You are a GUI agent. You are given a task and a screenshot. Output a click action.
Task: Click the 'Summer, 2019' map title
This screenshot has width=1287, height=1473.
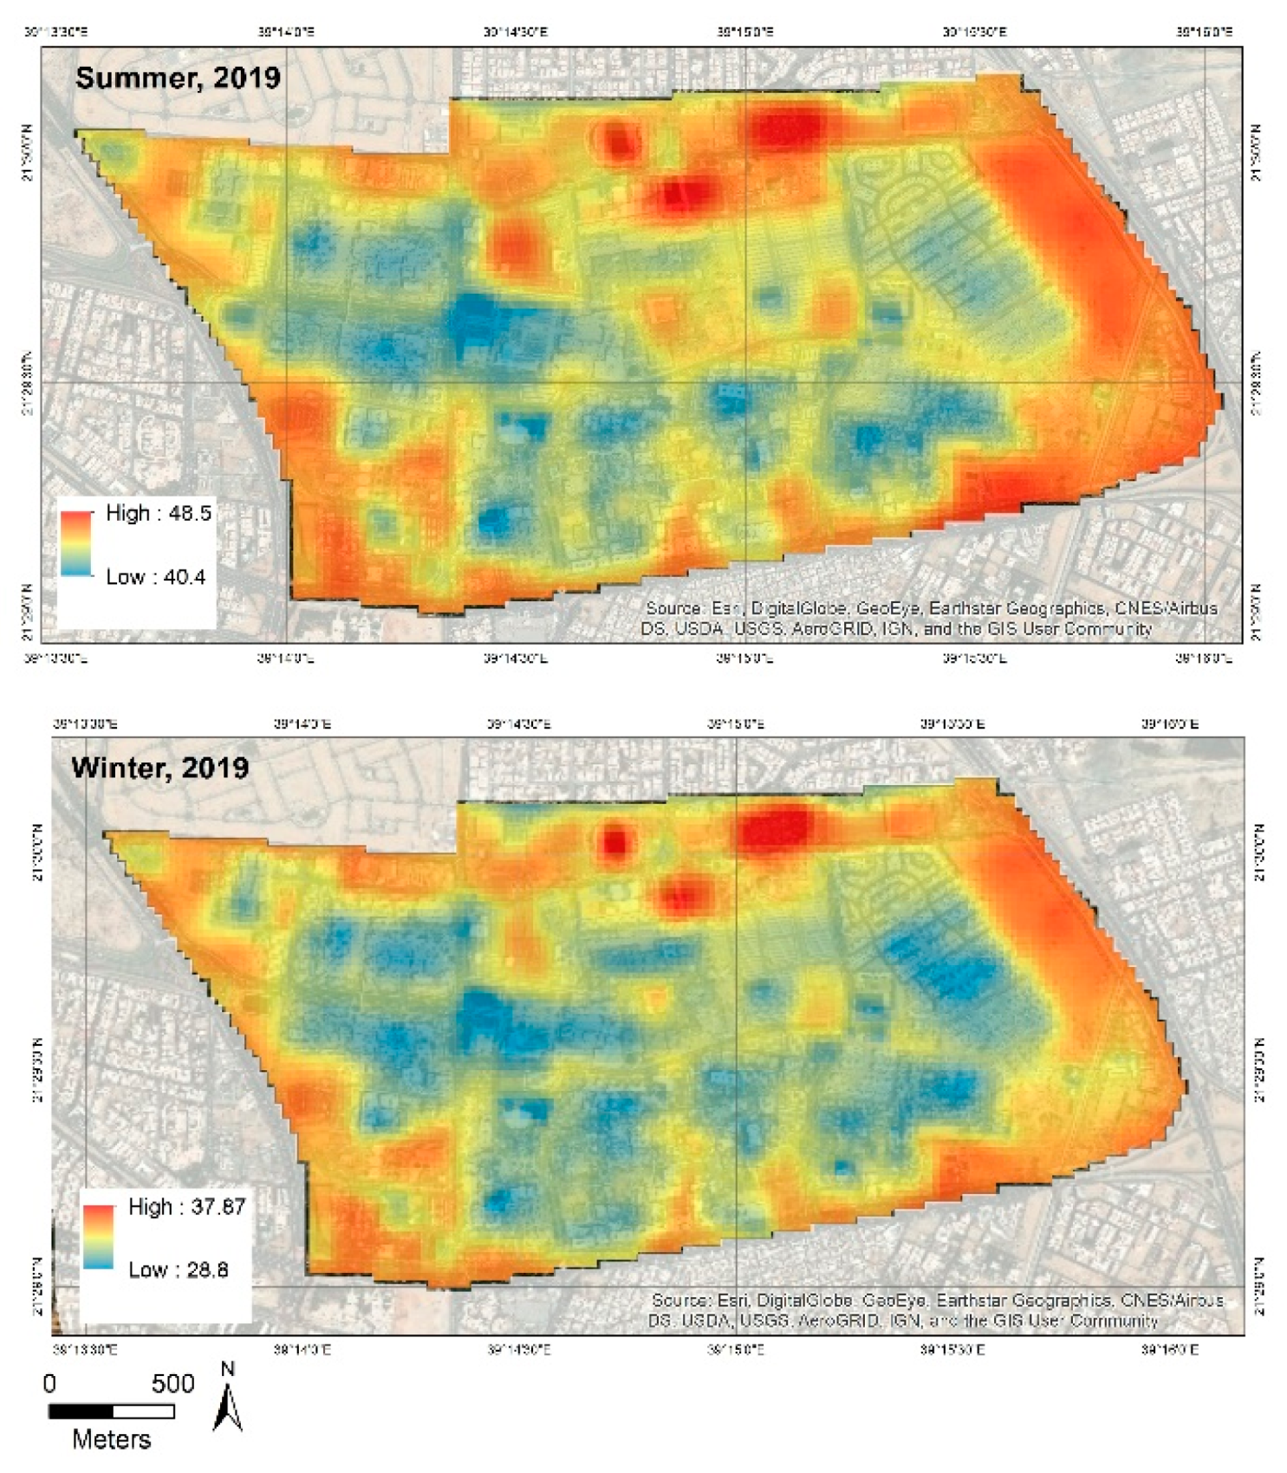pos(178,78)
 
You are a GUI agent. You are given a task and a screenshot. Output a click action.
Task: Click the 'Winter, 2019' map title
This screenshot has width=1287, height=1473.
pos(160,768)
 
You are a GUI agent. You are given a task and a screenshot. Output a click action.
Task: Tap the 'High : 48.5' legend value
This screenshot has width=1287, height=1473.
pos(159,513)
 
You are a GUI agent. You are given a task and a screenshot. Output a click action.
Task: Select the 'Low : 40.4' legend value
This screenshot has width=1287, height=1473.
pos(156,577)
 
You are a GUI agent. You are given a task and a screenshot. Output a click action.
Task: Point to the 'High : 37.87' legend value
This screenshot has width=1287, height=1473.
pos(186,1206)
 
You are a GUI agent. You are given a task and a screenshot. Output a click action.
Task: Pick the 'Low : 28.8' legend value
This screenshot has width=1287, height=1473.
pos(179,1269)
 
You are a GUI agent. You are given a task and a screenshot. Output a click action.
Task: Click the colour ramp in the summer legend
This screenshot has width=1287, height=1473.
pos(76,544)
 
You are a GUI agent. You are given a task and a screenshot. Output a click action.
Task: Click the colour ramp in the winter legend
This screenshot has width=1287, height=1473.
pos(99,1236)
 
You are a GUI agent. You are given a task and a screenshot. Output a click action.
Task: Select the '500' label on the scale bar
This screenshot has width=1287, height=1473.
pos(172,1383)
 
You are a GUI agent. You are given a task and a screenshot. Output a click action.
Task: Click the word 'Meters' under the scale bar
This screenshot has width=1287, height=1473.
pos(111,1440)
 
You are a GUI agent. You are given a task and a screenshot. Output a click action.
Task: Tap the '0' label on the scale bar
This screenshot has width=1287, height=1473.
pos(49,1383)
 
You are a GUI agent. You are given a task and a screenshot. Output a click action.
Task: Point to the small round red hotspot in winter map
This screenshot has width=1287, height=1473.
pos(614,840)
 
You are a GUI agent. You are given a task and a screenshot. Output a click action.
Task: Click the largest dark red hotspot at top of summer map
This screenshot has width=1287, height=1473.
pos(784,127)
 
